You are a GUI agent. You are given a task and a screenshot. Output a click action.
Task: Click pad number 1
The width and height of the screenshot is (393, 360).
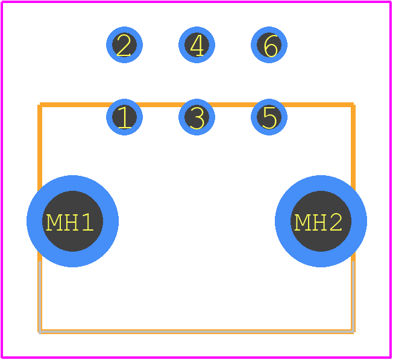tap(124, 117)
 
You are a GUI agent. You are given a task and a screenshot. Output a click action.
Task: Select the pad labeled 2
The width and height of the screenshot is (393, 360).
tap(124, 45)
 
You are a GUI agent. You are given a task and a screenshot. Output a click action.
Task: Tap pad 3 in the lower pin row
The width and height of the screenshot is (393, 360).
tap(196, 117)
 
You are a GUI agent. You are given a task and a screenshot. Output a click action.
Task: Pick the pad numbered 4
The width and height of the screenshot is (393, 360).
tap(196, 45)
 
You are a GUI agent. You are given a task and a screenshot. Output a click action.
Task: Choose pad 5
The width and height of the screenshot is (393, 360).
tap(269, 117)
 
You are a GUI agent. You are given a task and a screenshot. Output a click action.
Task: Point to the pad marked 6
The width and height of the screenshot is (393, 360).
tap(269, 45)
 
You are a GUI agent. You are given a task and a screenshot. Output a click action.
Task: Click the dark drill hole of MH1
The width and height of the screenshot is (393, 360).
tap(73, 222)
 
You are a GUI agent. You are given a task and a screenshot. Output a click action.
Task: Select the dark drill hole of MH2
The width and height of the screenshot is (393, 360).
tap(321, 222)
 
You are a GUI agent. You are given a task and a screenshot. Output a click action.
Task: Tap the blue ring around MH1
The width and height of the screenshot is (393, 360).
tap(34, 222)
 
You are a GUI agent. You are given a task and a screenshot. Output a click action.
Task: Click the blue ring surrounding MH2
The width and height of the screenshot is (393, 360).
tap(359, 222)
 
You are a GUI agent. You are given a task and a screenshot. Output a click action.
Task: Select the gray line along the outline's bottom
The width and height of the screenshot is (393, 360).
tap(196, 332)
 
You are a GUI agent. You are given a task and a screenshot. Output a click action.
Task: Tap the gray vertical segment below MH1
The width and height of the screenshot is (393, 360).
tap(40, 297)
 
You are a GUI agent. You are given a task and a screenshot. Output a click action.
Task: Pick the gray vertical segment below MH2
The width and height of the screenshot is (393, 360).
tap(353, 297)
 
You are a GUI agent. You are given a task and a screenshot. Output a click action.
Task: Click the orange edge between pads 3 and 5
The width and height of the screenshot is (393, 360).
tap(233, 105)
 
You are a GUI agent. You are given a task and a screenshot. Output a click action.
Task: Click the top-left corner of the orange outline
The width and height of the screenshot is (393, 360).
tap(40, 105)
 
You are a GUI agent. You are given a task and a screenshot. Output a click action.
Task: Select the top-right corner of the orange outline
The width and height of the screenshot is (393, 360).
tap(353, 105)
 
